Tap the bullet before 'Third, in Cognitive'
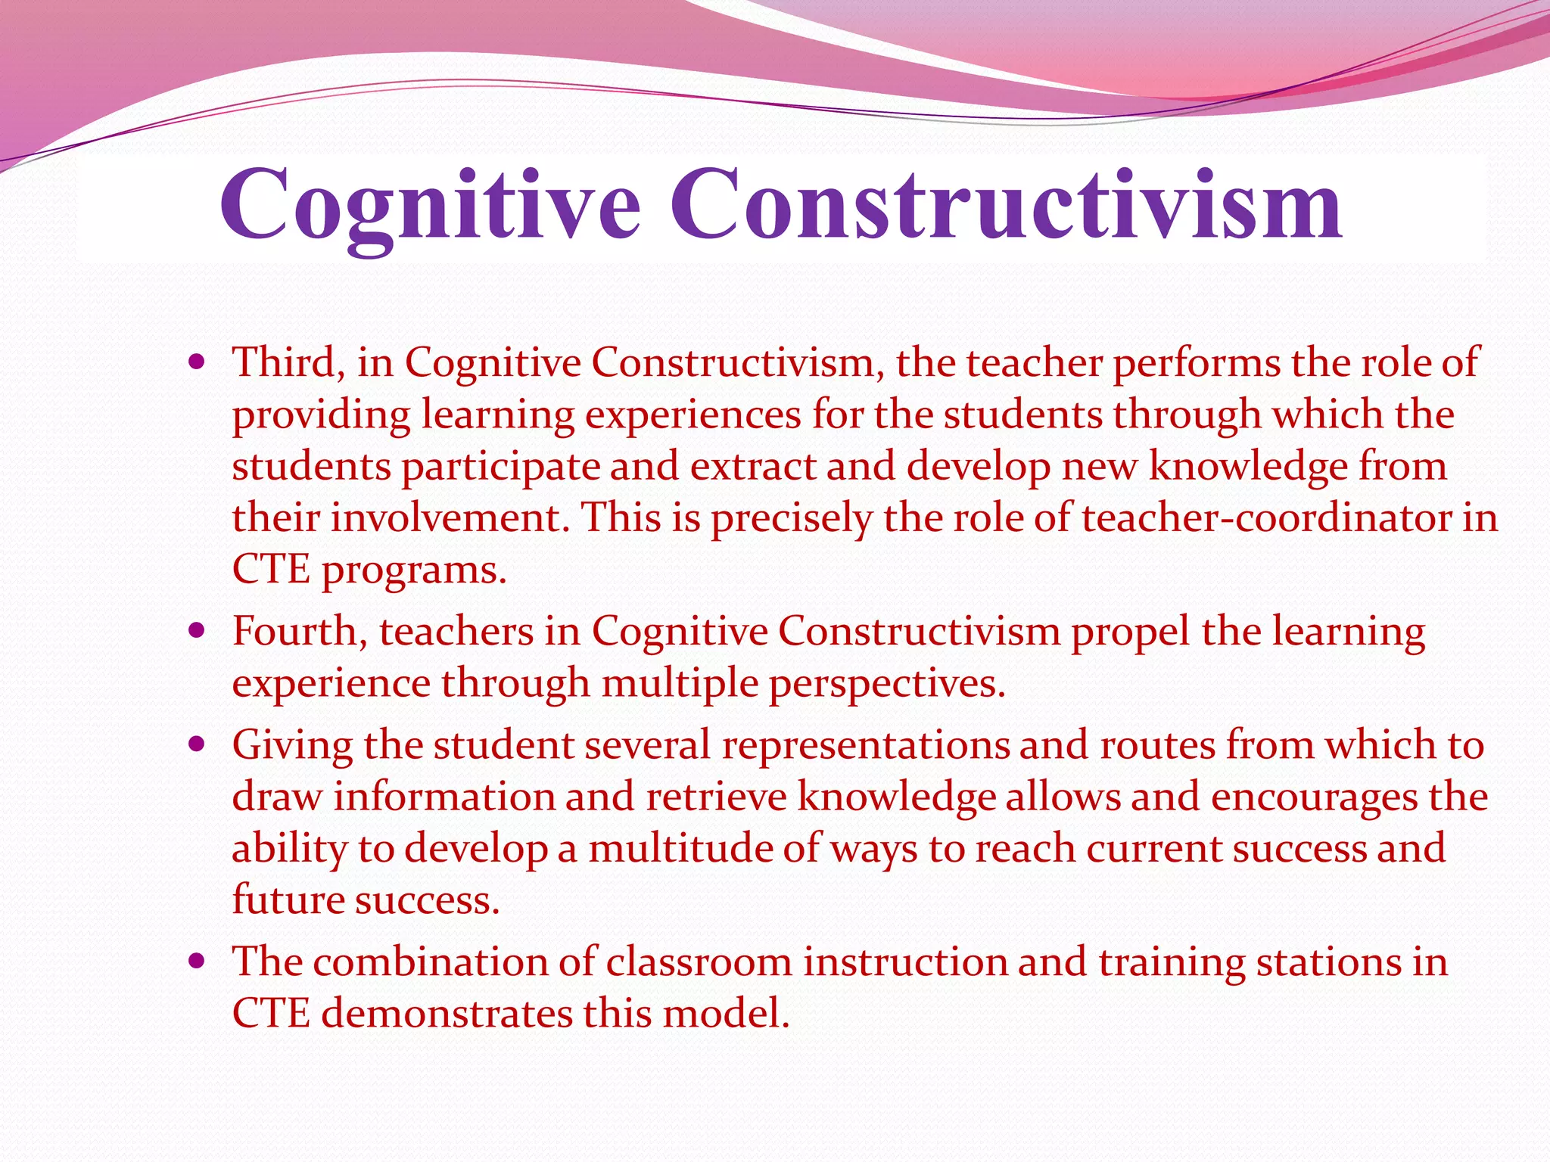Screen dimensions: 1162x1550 click(198, 362)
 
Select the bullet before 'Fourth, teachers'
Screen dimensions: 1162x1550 click(198, 630)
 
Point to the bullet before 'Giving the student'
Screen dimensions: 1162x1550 click(198, 744)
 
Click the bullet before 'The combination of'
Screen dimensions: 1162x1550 click(198, 962)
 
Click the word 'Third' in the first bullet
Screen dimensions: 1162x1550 click(283, 362)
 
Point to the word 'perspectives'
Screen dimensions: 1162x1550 click(885, 682)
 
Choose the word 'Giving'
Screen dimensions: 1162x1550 click(292, 744)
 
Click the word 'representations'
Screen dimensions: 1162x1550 click(865, 744)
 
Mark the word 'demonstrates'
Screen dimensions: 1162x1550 click(446, 1013)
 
